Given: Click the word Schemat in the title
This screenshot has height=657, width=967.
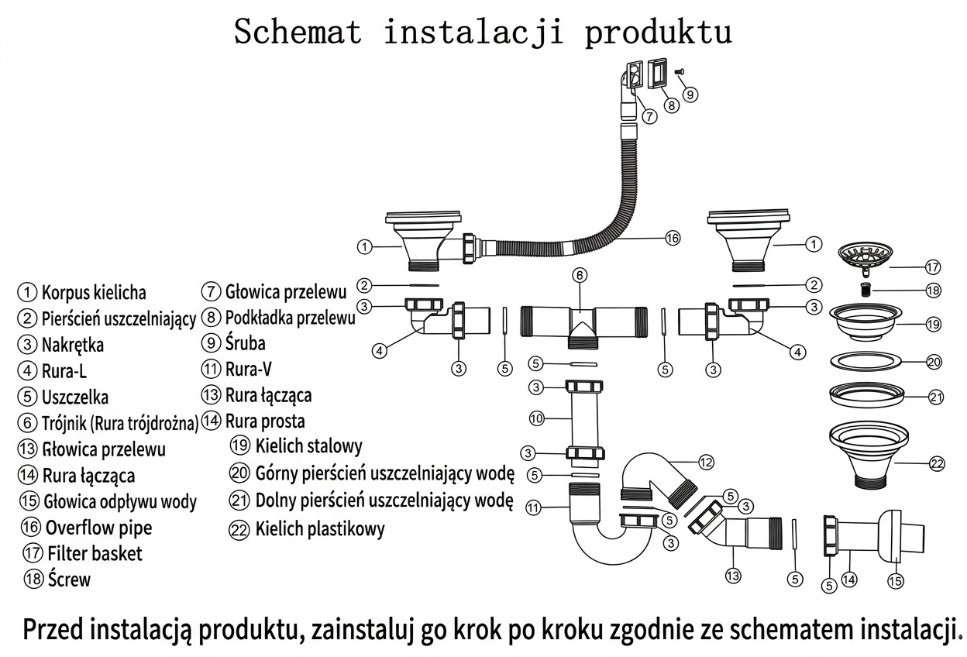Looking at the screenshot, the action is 298,32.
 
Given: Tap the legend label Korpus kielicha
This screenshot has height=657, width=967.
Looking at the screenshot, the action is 94,293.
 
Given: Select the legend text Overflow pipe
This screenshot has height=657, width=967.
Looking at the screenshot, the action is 99,528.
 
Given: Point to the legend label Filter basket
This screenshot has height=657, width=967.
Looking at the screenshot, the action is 95,553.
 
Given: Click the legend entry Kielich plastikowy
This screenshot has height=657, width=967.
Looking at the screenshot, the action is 320,529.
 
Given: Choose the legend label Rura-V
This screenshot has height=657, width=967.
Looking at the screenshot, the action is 248,369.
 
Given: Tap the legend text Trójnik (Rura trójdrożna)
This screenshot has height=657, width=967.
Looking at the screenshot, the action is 120,424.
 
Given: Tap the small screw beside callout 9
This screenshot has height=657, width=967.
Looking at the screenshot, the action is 679,71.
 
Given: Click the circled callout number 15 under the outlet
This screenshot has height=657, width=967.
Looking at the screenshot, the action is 896,581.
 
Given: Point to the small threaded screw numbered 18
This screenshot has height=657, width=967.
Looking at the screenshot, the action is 865,289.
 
